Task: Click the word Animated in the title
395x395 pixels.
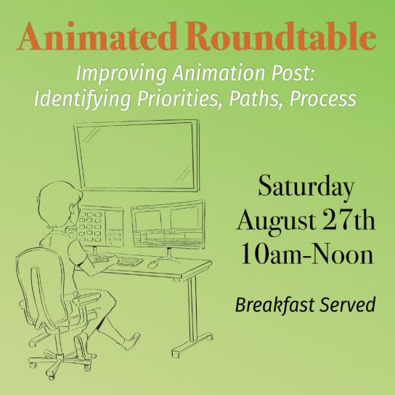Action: (97, 36)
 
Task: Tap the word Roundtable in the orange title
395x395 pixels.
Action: (281, 36)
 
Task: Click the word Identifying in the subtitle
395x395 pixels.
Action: (83, 98)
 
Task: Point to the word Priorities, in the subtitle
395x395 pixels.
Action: (178, 98)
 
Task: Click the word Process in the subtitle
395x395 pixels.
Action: (323, 98)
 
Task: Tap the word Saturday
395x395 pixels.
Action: (306, 186)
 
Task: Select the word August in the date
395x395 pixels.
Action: (277, 221)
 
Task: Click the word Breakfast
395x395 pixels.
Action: (275, 305)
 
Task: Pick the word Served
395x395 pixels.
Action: (348, 305)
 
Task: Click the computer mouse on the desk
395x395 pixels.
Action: (153, 264)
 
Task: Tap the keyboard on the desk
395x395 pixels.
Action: (130, 261)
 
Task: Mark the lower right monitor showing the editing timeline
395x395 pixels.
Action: (168, 224)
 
